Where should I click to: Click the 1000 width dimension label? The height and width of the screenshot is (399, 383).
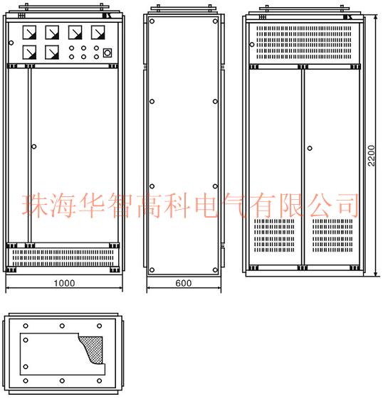[x=64, y=283]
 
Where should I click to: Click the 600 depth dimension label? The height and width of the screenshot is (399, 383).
[x=184, y=283]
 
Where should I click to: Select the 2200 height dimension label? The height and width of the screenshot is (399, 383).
[x=372, y=156]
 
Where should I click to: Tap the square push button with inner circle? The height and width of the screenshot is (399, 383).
[x=107, y=53]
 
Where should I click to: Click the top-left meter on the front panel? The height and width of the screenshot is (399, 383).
[x=29, y=32]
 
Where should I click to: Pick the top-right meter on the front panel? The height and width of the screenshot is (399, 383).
[x=98, y=32]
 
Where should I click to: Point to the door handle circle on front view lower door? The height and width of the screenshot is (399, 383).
[x=34, y=147]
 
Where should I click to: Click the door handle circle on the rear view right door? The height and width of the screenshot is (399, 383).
[x=310, y=148]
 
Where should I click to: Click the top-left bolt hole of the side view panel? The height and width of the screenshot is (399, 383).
[x=152, y=21]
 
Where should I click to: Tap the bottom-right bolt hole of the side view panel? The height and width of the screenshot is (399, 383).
[x=215, y=270]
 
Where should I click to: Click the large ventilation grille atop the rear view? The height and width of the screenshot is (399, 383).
[x=304, y=42]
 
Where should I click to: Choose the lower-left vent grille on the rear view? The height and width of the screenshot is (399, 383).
[x=274, y=235]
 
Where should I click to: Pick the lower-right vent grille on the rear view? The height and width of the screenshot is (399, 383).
[x=332, y=235]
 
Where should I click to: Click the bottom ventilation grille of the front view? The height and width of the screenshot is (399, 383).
[x=63, y=257]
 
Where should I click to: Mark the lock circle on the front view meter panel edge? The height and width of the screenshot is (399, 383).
[x=11, y=43]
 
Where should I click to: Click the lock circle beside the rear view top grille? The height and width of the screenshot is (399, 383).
[x=252, y=45]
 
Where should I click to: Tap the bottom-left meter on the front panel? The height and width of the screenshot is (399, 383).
[x=29, y=52]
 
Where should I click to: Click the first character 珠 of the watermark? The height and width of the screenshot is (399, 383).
[x=36, y=206]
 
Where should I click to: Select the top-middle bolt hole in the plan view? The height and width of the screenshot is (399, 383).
[x=62, y=326]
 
